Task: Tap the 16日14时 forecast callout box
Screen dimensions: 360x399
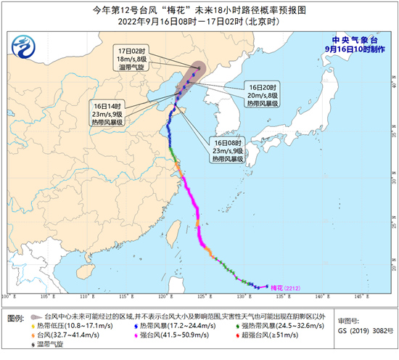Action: [108, 113]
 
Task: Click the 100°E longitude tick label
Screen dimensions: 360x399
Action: [8, 296]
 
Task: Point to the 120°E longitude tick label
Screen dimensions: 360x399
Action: [162, 296]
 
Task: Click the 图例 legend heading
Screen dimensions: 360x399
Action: [16, 317]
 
